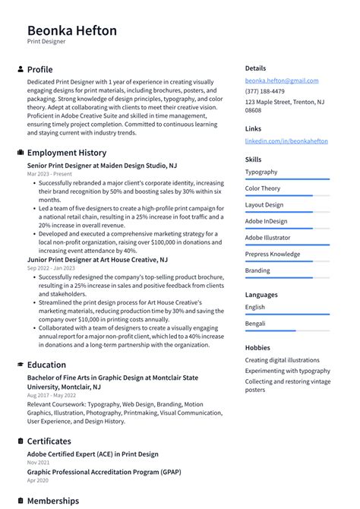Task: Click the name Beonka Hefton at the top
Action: [x=72, y=30]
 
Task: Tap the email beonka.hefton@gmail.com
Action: [x=282, y=81]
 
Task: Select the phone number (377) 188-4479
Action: [x=265, y=91]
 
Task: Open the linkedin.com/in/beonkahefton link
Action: [x=286, y=141]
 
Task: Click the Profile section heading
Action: [x=39, y=69]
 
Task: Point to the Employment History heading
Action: [x=66, y=153]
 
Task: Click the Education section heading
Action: [x=46, y=365]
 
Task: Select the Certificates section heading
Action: [x=49, y=441]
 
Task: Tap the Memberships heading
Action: [x=52, y=501]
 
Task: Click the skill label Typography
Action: [x=261, y=172]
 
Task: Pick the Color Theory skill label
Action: [x=263, y=188]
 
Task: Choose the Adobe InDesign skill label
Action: [x=266, y=221]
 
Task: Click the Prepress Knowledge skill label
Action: [x=273, y=254]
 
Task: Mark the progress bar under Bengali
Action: [x=287, y=330]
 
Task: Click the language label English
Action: [x=255, y=307]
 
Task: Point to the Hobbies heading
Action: [x=257, y=347]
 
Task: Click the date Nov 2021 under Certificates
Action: [x=38, y=463]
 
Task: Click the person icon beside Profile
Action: [x=20, y=69]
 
